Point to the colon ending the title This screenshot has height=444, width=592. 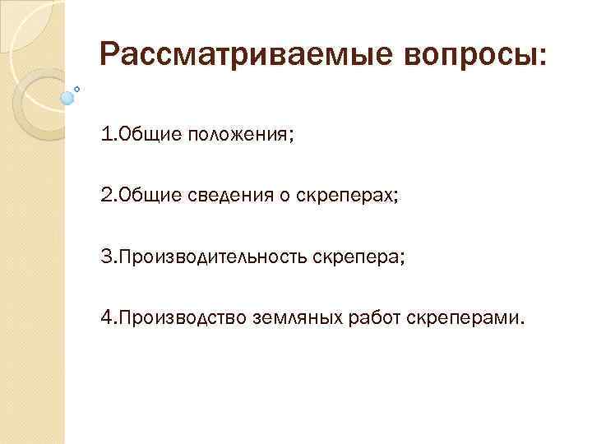(540, 58)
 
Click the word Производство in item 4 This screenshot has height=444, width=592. (181, 318)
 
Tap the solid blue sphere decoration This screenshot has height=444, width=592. (67, 98)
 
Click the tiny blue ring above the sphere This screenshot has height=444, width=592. (77, 87)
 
